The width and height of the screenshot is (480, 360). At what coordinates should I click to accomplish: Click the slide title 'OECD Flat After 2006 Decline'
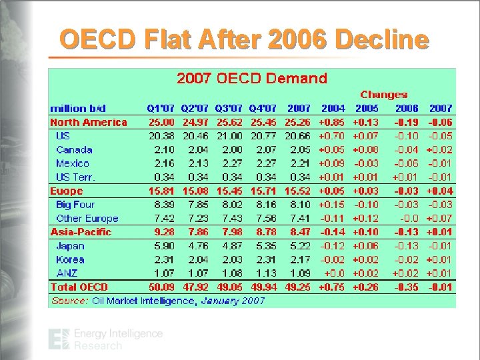(243, 40)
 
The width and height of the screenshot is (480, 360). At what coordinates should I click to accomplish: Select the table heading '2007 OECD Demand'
(251, 78)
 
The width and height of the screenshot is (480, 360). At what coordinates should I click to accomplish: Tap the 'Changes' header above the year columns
(383, 95)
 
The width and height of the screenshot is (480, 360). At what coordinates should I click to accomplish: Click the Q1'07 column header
(161, 108)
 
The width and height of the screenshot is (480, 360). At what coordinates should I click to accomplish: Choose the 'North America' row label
(88, 122)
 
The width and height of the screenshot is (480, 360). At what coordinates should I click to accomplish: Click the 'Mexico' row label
(73, 163)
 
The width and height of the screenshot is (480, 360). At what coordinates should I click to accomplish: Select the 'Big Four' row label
(75, 205)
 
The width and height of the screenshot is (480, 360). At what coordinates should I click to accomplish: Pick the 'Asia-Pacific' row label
(81, 232)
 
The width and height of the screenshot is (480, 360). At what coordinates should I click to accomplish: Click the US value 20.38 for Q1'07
(162, 136)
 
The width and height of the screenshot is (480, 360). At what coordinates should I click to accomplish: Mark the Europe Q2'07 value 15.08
(196, 191)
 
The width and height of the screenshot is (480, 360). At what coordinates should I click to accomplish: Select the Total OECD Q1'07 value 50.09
(161, 287)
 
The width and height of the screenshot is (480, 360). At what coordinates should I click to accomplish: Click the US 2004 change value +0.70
(332, 136)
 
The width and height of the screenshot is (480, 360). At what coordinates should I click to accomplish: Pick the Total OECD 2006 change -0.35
(406, 287)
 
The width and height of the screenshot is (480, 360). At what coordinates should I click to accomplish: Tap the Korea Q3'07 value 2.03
(232, 259)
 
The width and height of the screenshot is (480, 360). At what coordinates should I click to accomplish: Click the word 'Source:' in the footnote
(69, 301)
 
